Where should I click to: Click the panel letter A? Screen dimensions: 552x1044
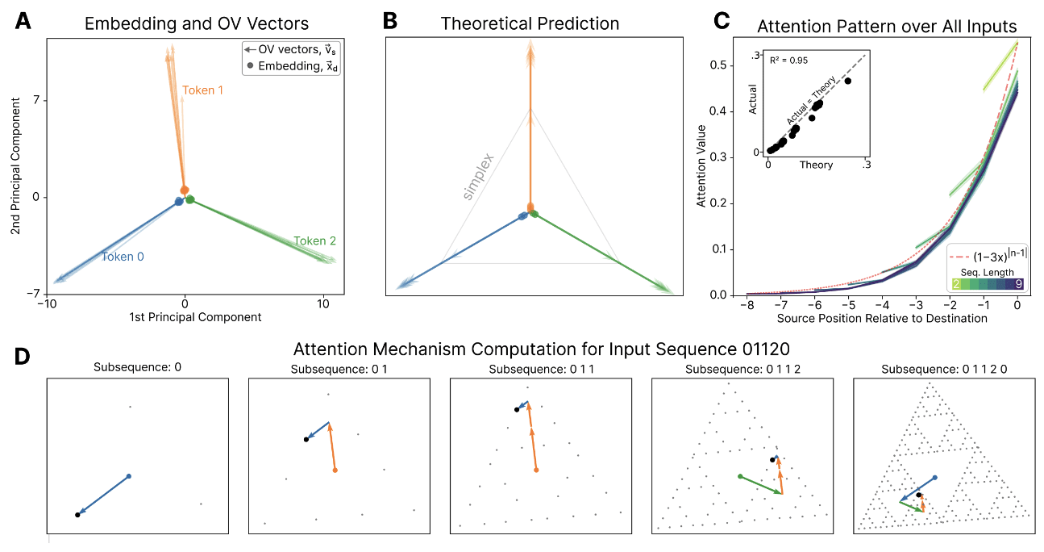24,23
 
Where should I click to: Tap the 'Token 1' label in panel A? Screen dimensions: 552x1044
203,90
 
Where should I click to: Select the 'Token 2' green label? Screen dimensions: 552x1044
314,240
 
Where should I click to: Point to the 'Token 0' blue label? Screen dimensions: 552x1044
122,257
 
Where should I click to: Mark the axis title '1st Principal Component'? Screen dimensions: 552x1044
195,317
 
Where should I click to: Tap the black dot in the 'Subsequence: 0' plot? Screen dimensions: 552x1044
77,514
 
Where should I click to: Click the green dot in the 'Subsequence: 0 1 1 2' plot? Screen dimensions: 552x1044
740,476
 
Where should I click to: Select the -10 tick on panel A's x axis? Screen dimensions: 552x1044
47,303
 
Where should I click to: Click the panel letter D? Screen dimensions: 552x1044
25,356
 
